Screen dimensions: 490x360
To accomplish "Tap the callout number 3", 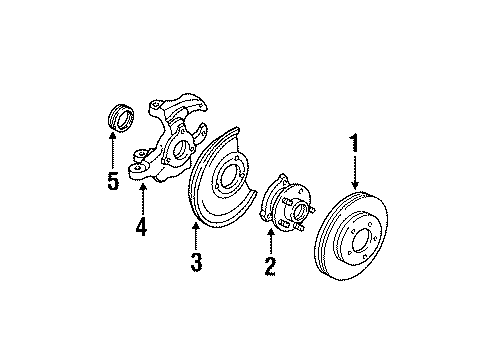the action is [x=197, y=262].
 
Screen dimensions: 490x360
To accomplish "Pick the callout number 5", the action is [x=113, y=180].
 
